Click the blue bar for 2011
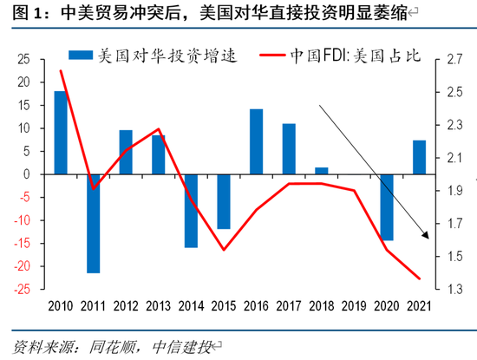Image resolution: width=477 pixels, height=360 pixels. (93, 223)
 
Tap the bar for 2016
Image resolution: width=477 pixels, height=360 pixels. (256, 141)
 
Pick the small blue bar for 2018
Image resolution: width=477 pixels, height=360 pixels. (321, 170)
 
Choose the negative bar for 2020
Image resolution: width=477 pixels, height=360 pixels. (386, 206)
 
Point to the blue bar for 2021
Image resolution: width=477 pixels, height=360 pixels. (419, 157)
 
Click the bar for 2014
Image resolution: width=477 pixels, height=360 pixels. (191, 210)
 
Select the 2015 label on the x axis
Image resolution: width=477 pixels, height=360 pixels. (223, 305)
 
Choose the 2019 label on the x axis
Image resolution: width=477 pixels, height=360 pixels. (354, 305)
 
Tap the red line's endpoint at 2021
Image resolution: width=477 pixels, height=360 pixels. (420, 278)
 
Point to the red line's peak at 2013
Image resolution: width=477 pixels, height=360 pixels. (159, 130)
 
